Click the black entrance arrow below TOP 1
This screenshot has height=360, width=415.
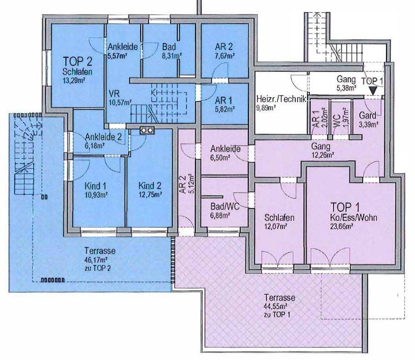click(373, 91)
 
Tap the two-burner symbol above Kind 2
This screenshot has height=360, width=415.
click(147, 130)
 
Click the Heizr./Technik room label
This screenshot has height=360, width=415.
click(281, 99)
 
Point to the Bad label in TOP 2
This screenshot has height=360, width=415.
click(169, 47)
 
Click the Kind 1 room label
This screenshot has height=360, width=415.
click(96, 186)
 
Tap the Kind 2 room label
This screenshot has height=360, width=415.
click(150, 185)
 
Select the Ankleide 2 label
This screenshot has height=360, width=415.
click(103, 137)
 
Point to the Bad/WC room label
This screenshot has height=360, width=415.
click(225, 206)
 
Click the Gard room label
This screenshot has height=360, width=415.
click(368, 115)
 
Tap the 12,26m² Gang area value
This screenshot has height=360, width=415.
click(323, 155)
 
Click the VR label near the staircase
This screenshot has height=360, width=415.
click(114, 94)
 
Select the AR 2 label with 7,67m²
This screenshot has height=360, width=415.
click(223, 47)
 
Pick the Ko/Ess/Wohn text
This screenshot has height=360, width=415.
click(354, 218)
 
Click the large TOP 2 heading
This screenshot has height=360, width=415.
click(77, 61)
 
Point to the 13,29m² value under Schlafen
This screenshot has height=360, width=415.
click(74, 80)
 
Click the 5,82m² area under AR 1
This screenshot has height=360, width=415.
click(224, 109)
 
